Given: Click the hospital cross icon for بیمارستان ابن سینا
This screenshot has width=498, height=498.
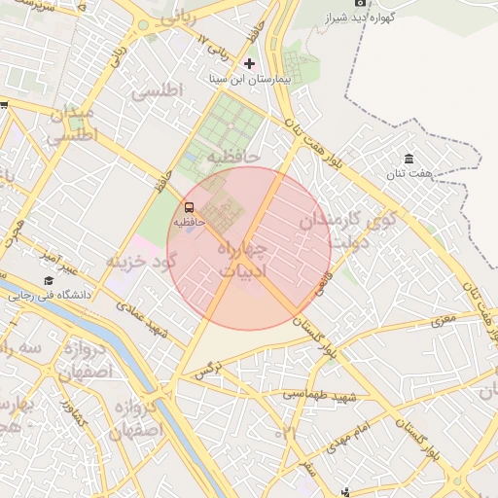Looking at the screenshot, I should [249, 63].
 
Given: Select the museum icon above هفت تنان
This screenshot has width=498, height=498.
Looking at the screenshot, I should [409, 159].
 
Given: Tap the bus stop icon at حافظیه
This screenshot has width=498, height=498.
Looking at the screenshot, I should [189, 206].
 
